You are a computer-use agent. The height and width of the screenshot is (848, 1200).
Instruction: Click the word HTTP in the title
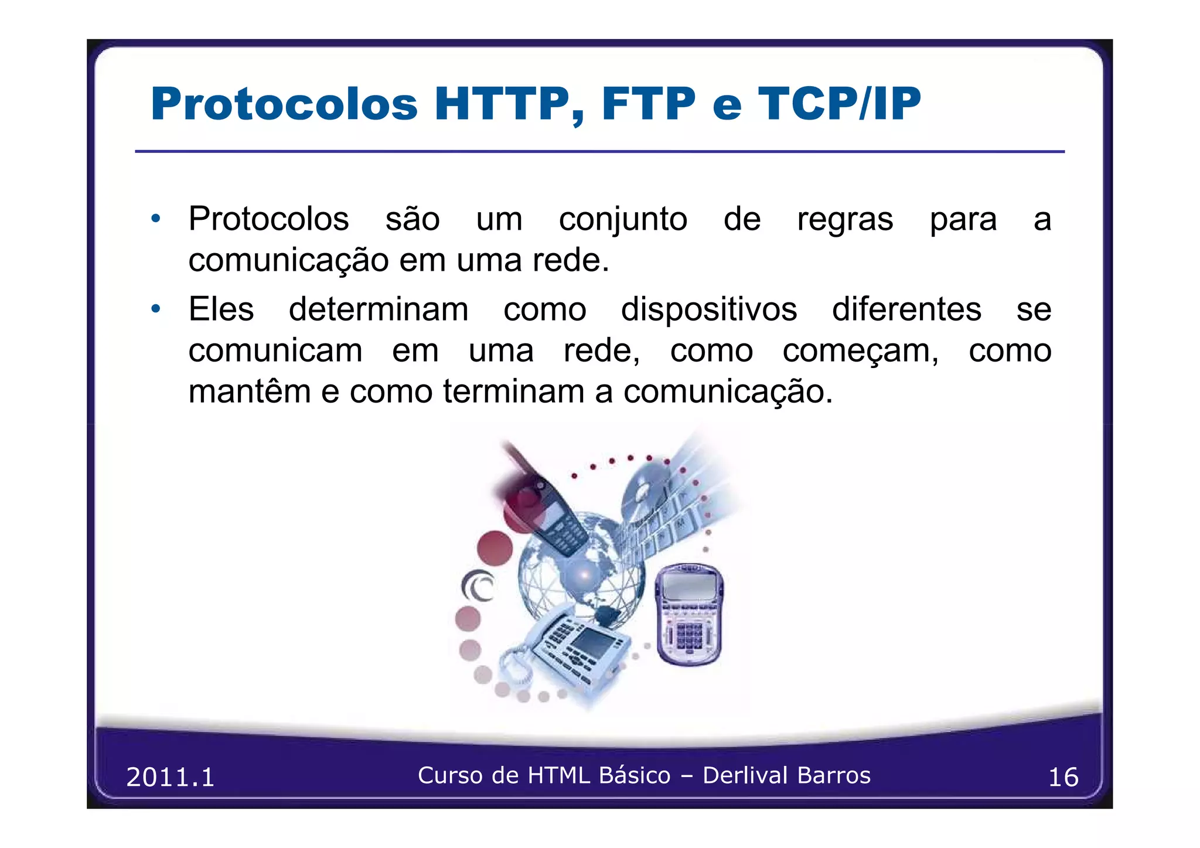[x=503, y=104]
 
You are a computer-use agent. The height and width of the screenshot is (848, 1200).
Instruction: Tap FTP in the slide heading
[x=648, y=104]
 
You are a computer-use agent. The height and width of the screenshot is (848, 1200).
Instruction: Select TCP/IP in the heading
[x=839, y=104]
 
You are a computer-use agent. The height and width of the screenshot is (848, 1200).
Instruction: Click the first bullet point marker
[x=155, y=219]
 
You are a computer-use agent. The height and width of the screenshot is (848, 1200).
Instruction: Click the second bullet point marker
[x=155, y=309]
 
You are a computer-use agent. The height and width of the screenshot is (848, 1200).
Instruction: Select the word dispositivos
[x=708, y=309]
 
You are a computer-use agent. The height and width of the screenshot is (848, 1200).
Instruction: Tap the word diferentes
[x=906, y=309]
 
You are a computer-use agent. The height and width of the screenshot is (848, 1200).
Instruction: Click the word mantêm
[x=249, y=391]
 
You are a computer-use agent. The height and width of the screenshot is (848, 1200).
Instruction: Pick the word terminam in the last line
[x=513, y=391]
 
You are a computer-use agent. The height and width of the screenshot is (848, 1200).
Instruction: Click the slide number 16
[x=1062, y=777]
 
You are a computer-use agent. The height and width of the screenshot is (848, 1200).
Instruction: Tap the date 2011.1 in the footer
[x=171, y=777]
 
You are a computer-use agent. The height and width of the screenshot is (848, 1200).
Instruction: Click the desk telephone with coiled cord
[x=571, y=651]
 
